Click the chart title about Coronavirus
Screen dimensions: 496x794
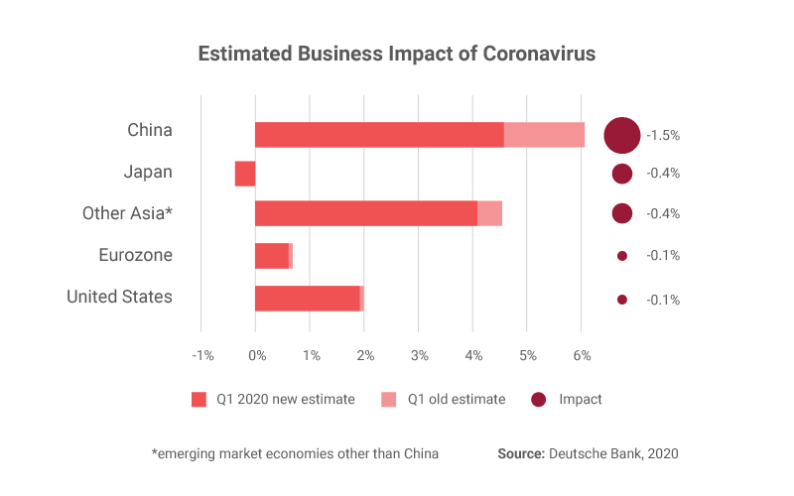point(397,54)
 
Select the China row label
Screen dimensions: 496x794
point(150,130)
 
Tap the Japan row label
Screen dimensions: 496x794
point(148,172)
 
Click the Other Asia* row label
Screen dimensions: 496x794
point(127,213)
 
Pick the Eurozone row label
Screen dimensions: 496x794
point(136,255)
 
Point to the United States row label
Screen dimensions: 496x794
point(119,297)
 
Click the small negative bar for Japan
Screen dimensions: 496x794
point(245,174)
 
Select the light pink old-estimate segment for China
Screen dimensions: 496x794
point(544,134)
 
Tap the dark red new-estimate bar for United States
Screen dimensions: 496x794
point(307,299)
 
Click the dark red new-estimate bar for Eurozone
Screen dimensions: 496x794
point(271,256)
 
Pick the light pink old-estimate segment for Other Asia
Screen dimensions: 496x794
point(489,213)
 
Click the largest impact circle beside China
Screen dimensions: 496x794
point(622,134)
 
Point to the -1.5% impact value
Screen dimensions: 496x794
point(663,134)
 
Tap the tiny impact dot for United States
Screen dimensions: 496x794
point(622,300)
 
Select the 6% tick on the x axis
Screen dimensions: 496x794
point(582,355)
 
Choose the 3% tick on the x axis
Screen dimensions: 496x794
point(419,355)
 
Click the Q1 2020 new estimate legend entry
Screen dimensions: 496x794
point(273,400)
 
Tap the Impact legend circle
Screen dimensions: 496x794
point(539,400)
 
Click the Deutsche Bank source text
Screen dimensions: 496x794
point(588,453)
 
